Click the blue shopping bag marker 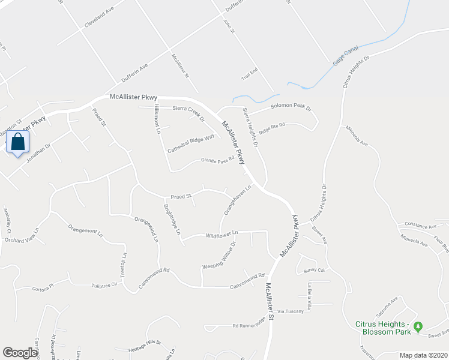(19, 143)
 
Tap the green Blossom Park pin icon (419, 326)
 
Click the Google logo (20, 353)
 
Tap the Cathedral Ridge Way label (191, 143)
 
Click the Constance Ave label (420, 226)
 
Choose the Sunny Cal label (314, 271)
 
